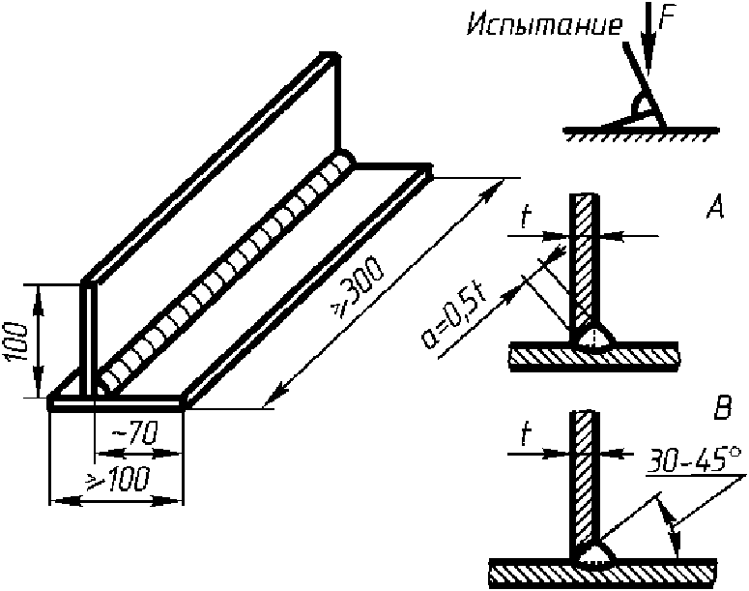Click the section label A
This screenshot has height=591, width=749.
click(715, 207)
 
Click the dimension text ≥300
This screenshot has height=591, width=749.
click(360, 289)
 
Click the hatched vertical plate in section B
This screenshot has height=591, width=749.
click(585, 474)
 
